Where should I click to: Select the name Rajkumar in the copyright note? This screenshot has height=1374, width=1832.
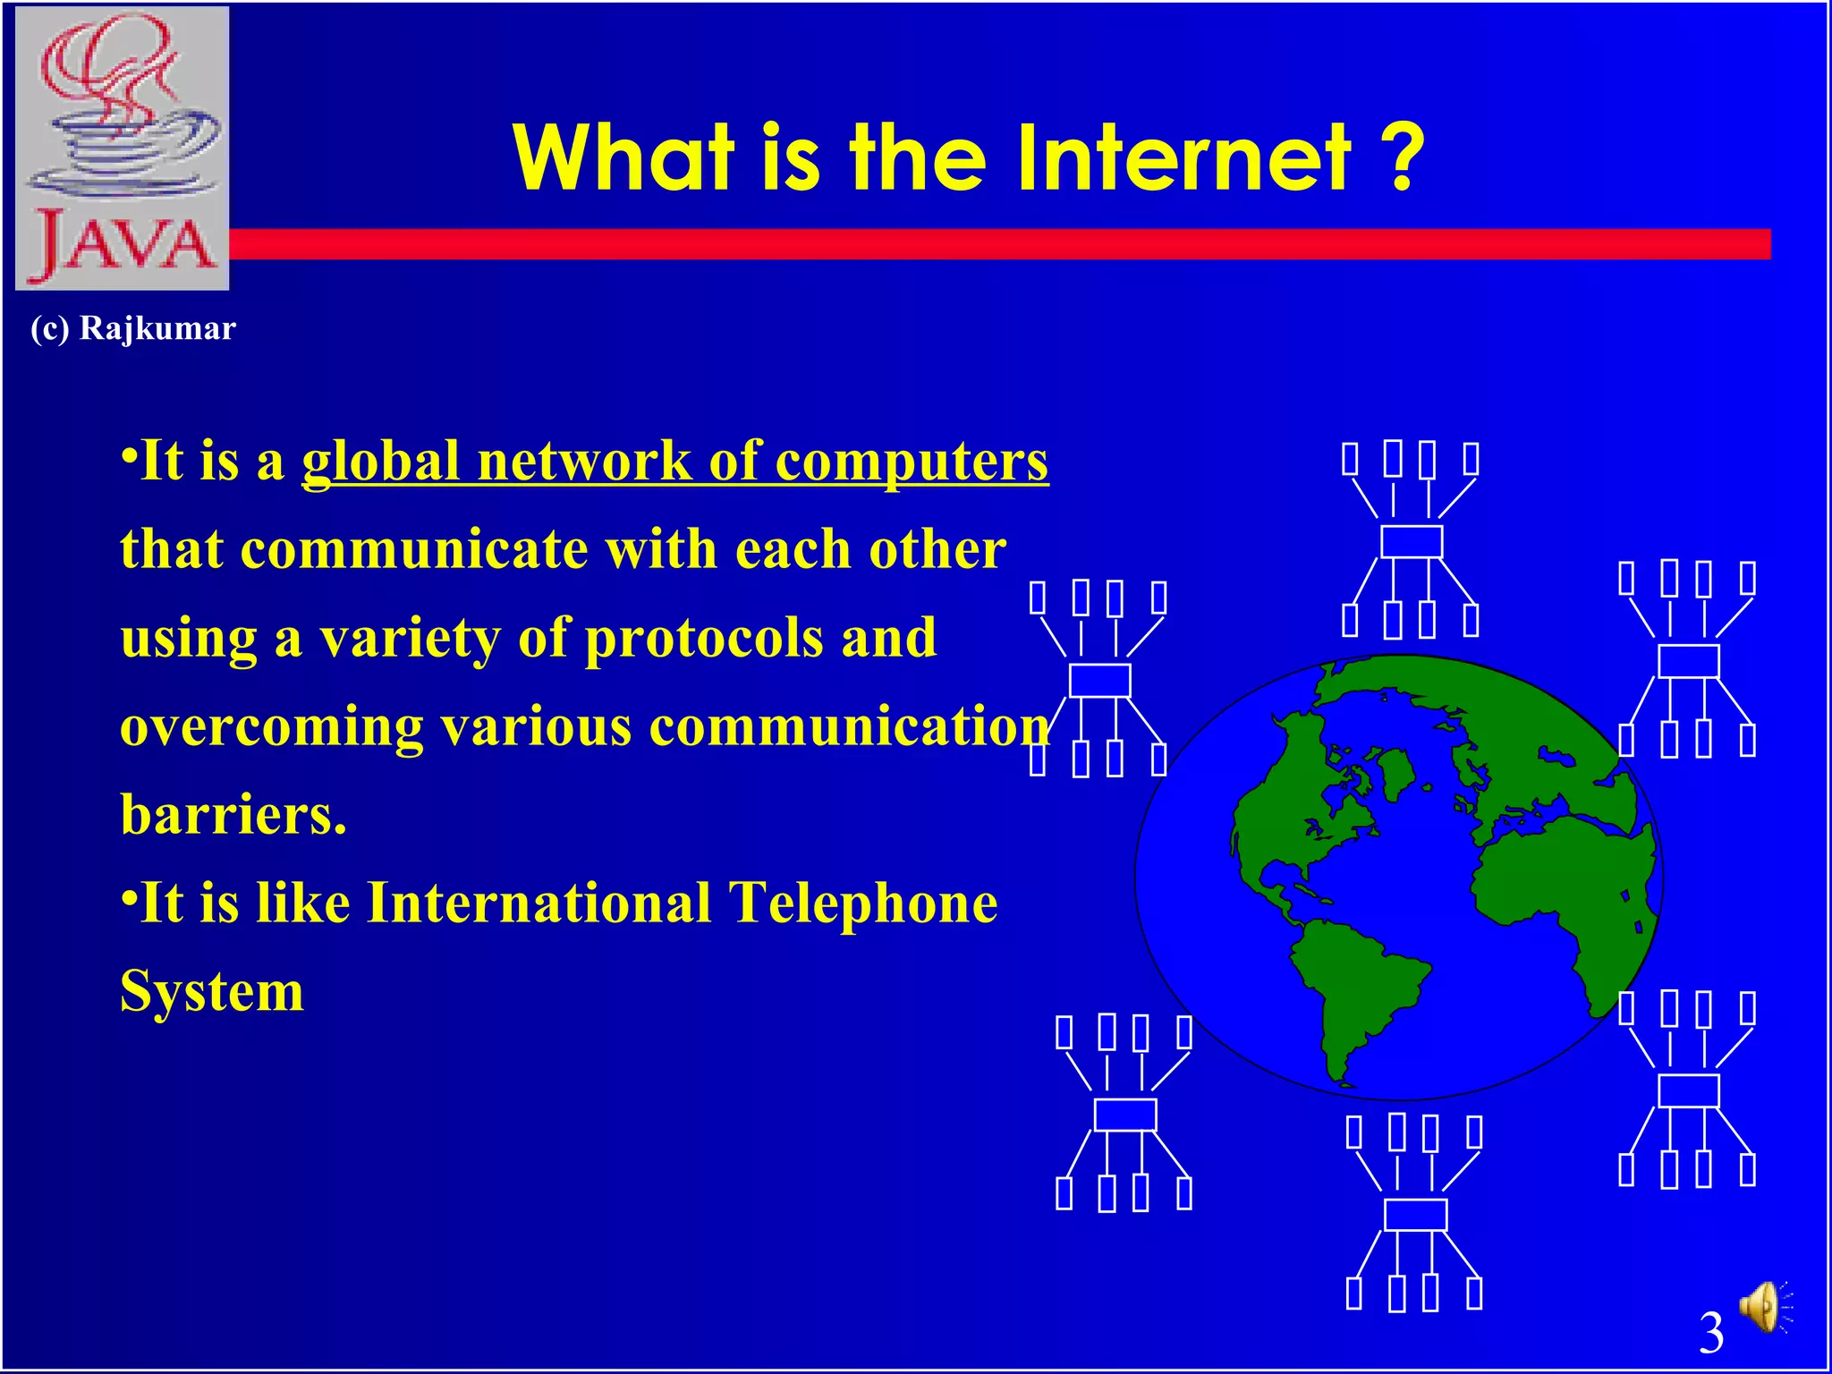(x=157, y=328)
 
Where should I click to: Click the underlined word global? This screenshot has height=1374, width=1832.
(x=381, y=462)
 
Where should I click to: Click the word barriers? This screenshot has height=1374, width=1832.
(x=233, y=814)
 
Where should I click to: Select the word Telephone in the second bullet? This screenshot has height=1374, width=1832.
(x=862, y=903)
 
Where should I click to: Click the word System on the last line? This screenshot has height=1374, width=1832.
(x=212, y=991)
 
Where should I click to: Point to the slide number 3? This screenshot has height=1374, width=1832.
(x=1710, y=1333)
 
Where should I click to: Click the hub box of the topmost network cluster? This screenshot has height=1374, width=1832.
(x=1412, y=542)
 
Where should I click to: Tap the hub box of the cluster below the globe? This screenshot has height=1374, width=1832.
(x=1415, y=1215)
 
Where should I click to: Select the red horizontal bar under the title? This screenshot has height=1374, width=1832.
(x=984, y=244)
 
